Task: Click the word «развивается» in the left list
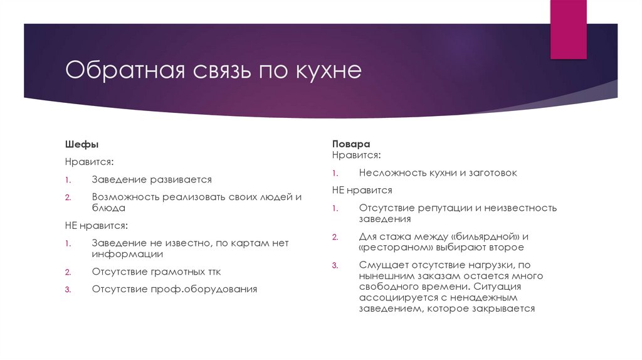[181, 179]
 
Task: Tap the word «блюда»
[108, 207]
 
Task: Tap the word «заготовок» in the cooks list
[495, 172]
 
